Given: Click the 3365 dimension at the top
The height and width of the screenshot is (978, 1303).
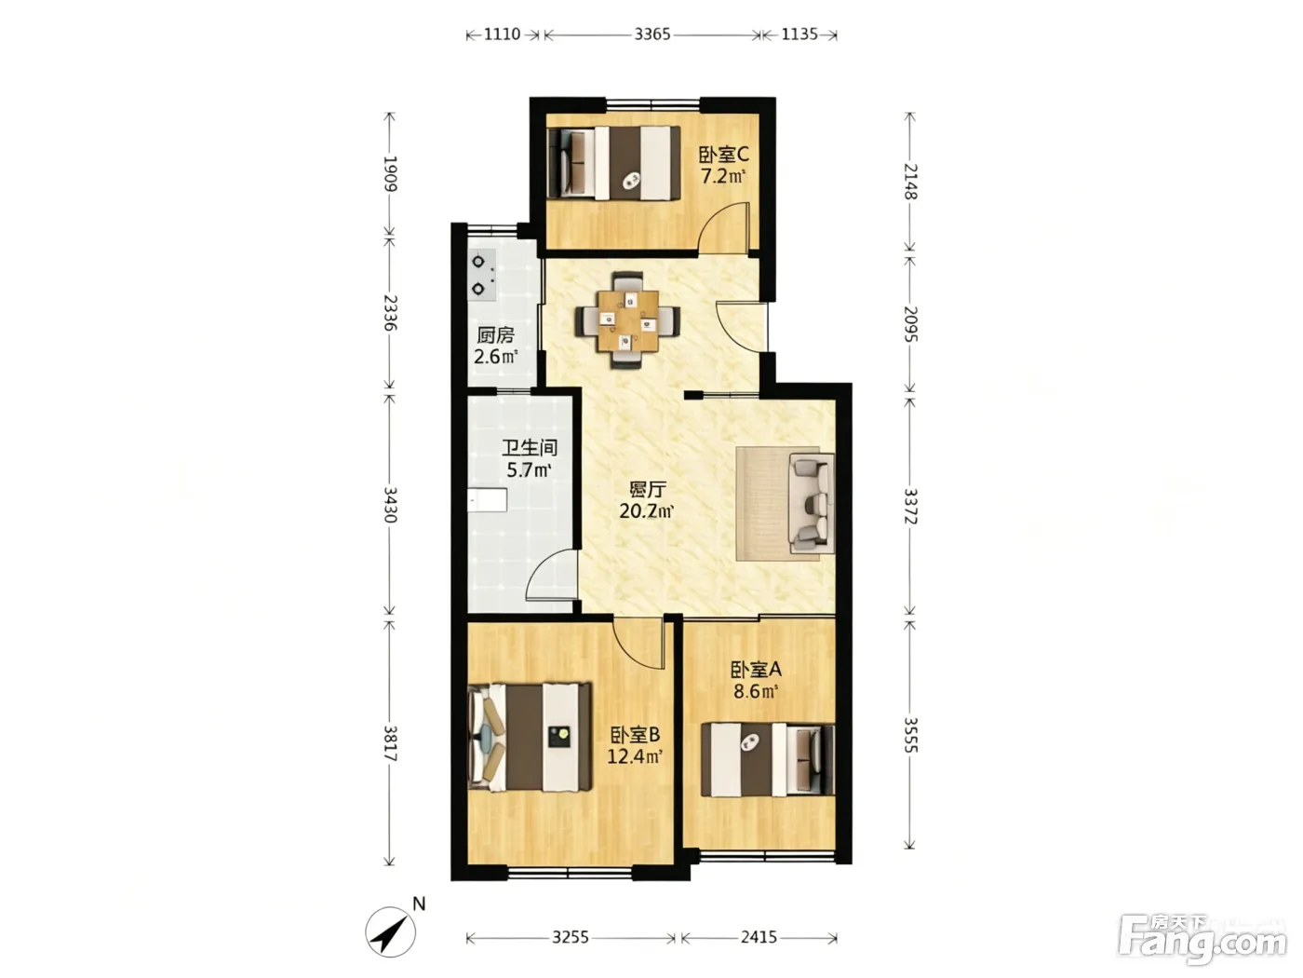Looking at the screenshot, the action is (651, 34).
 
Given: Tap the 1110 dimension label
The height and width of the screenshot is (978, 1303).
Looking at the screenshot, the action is (503, 34).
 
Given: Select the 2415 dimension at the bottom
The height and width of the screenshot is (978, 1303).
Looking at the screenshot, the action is (759, 937).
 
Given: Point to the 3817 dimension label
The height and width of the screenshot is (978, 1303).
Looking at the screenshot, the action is (390, 743).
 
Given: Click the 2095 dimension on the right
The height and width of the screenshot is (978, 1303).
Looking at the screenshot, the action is (910, 324).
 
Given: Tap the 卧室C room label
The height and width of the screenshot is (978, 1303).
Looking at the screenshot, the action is (723, 155).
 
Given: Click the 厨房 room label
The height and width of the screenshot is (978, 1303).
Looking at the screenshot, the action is (495, 335).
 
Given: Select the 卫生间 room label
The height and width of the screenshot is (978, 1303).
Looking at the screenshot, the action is (530, 447).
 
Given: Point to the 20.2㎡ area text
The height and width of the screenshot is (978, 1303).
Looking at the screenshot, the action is (647, 510).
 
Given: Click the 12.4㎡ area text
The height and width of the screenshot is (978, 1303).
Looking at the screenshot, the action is (635, 756).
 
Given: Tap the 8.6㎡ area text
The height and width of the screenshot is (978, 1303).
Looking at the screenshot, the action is (756, 691).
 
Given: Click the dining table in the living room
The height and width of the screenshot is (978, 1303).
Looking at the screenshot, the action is (627, 320).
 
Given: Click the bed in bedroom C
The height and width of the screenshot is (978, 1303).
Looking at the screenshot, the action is (613, 163).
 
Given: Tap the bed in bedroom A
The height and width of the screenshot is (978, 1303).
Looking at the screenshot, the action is (768, 759).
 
